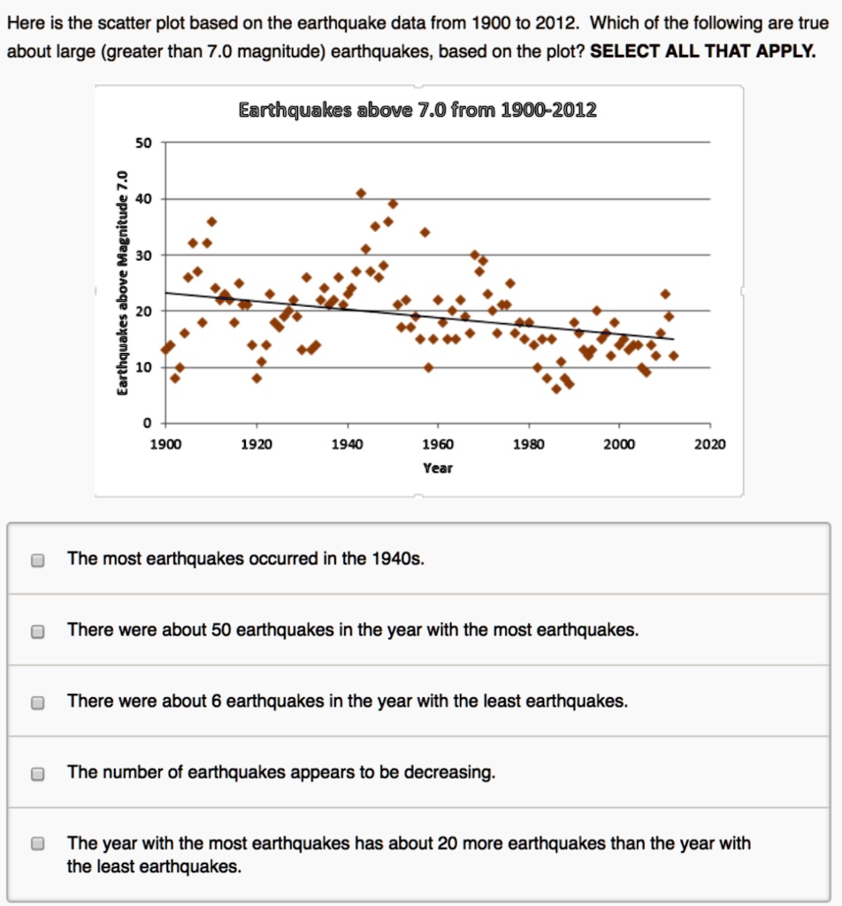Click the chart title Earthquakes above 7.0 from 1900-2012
tap(417, 111)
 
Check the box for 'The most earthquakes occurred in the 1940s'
tap(37, 560)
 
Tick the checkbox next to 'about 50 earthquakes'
tap(37, 632)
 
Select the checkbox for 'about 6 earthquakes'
tap(37, 703)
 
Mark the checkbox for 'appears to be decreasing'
tap(37, 773)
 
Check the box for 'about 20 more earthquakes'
tap(37, 844)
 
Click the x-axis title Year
tap(438, 468)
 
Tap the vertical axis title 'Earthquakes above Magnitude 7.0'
tap(125, 282)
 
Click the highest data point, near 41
tap(361, 193)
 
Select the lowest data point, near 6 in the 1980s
tap(556, 388)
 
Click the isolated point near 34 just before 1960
tap(425, 232)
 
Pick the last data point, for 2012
tap(674, 356)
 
